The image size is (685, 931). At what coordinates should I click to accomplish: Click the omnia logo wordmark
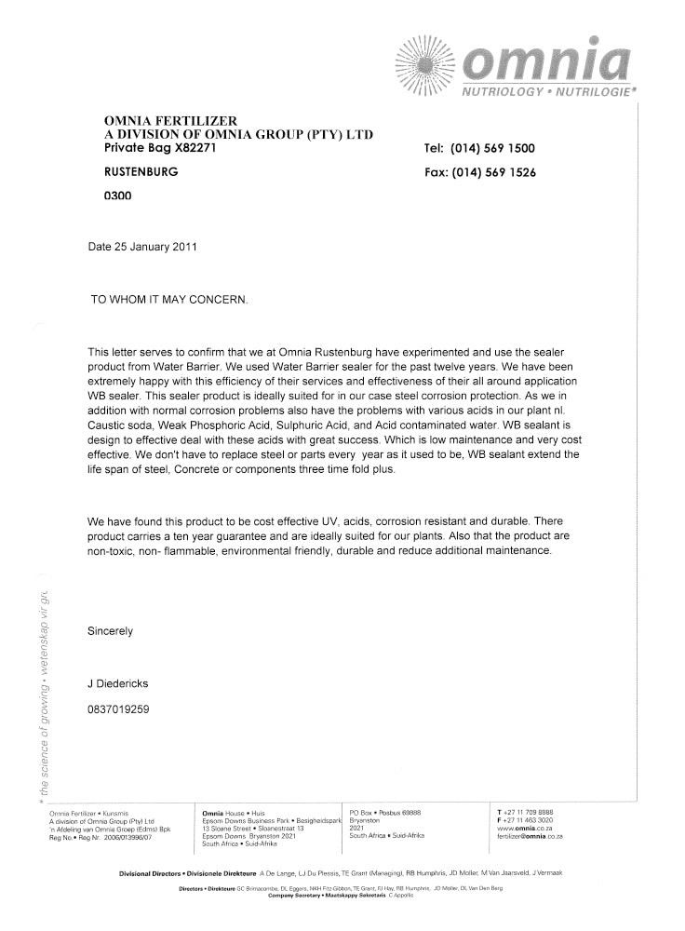click(x=545, y=61)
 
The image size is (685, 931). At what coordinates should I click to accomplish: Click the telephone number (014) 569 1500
click(x=492, y=148)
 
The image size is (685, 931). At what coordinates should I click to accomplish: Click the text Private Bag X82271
click(x=162, y=148)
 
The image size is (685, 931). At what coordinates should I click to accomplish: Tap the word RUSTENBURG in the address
click(x=141, y=172)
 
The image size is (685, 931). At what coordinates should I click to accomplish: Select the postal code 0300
click(x=118, y=196)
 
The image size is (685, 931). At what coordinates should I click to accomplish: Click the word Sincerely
click(x=111, y=631)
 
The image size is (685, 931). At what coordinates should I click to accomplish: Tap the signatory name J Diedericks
click(x=118, y=683)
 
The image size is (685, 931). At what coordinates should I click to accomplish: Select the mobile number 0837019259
click(x=118, y=709)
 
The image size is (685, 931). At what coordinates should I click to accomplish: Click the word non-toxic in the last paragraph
click(x=111, y=550)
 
